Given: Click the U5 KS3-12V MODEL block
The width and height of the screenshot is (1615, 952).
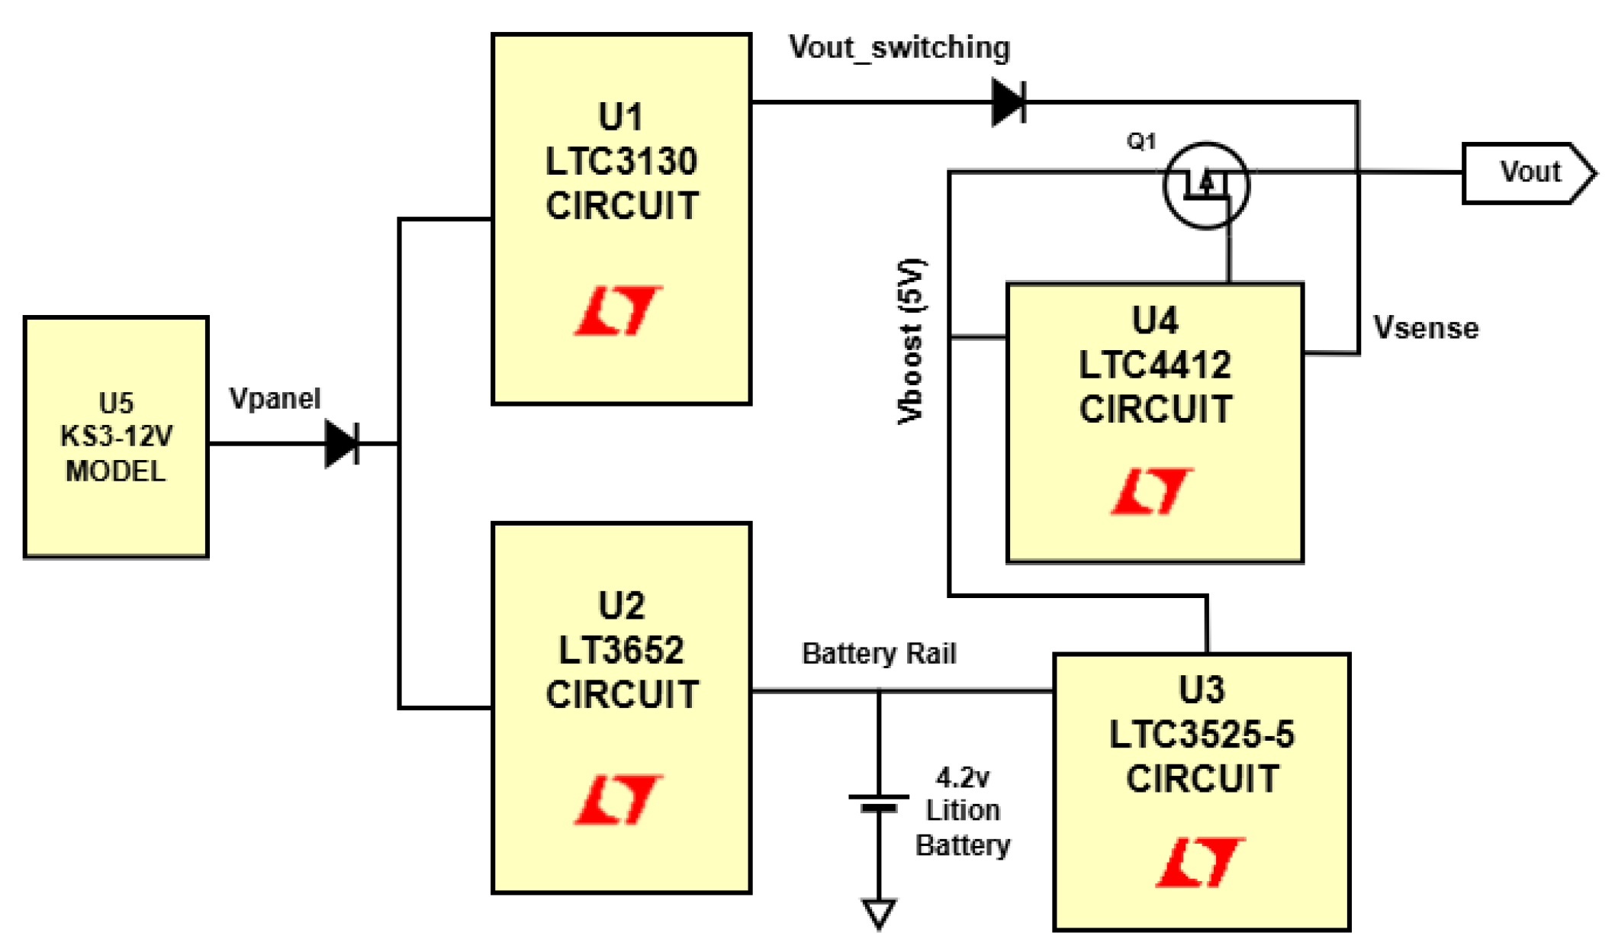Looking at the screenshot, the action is click(x=116, y=437).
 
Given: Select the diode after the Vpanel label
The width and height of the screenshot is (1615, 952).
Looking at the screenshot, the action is click(x=343, y=443).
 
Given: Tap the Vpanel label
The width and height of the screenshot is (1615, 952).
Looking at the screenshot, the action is click(x=275, y=399).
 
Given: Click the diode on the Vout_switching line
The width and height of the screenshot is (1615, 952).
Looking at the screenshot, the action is click(x=1009, y=102).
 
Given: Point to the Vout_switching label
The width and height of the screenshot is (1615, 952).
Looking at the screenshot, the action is click(x=899, y=48).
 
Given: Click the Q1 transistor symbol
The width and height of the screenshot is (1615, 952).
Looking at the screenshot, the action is click(x=1206, y=185).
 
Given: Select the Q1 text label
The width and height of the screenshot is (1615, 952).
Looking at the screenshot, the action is click(x=1141, y=141).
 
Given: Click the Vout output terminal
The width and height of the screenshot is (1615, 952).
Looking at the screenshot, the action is click(x=1529, y=173).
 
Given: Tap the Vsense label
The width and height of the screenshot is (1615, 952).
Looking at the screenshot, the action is click(x=1426, y=328).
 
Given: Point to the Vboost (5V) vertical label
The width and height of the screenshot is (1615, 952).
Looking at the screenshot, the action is click(x=911, y=341).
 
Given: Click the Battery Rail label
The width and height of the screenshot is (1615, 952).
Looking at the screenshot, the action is click(x=879, y=654).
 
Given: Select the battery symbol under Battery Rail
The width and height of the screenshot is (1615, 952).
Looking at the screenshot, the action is click(x=879, y=803).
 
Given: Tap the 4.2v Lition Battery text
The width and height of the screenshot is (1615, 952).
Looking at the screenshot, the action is click(x=963, y=812).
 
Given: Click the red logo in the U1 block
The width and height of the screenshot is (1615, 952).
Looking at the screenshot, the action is click(x=619, y=310).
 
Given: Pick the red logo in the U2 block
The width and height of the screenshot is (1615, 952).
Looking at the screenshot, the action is click(x=619, y=799).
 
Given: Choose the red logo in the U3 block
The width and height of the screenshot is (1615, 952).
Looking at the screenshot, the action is click(x=1201, y=863).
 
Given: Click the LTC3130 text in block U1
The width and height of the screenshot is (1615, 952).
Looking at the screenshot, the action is click(x=622, y=162).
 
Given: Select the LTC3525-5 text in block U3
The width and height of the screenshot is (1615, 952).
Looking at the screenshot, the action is click(x=1202, y=735).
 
